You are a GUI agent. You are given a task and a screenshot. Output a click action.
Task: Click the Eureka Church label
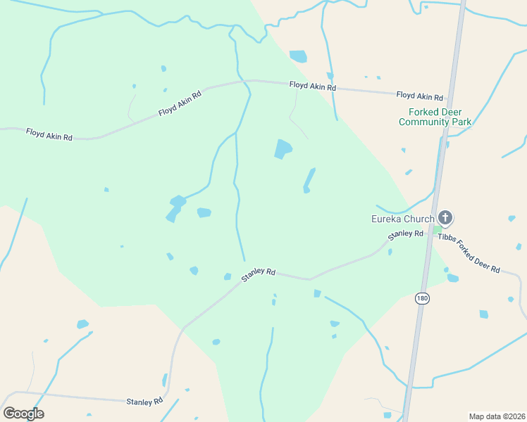pos(402,219)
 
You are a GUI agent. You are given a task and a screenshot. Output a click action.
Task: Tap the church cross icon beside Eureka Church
pos(445,217)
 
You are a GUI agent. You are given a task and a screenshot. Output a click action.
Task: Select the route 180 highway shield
pos(422,298)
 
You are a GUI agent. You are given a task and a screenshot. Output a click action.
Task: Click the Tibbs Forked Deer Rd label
pos(469,252)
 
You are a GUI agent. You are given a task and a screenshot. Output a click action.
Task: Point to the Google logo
pos(23,414)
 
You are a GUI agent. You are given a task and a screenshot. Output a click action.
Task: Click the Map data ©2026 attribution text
pos(497,416)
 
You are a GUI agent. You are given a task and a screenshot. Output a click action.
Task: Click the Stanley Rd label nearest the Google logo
pos(144,402)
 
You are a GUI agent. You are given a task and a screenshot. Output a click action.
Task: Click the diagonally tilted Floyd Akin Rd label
pos(180,103)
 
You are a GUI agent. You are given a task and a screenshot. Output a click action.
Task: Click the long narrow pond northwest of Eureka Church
pos(309,179)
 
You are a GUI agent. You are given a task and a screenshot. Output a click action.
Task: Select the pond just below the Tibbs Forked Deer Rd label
pos(452,278)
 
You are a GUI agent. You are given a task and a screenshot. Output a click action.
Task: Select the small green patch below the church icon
pos(437,229)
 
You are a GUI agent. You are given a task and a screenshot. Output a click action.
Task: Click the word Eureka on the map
pos(386,219)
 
